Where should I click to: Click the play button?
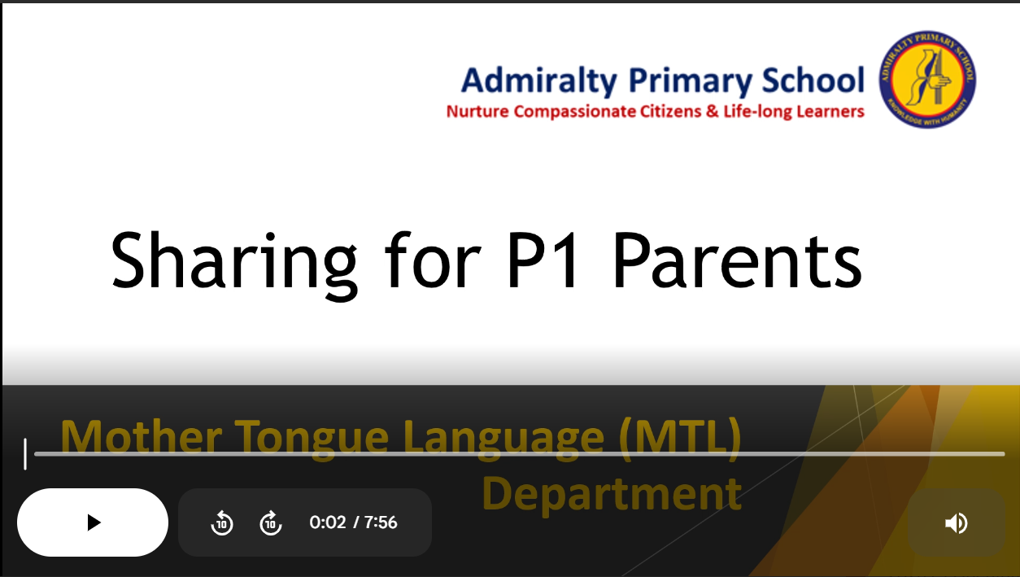pyautogui.click(x=93, y=522)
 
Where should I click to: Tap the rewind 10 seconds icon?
pyautogui.click(x=222, y=522)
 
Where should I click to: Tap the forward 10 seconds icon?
pyautogui.click(x=271, y=522)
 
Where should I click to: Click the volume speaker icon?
pyautogui.click(x=957, y=522)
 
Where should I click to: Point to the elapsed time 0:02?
pyautogui.click(x=328, y=522)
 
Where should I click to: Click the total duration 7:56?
pyautogui.click(x=381, y=522)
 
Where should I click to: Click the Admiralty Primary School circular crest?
pyautogui.click(x=927, y=79)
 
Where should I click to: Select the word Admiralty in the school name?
pyautogui.click(x=539, y=81)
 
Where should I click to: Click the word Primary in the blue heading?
pyautogui.click(x=691, y=81)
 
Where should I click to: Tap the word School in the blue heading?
pyautogui.click(x=813, y=80)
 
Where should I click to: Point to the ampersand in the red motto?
pyautogui.click(x=713, y=111)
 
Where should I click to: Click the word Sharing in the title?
pyautogui.click(x=234, y=264)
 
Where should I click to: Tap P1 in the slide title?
pyautogui.click(x=543, y=260)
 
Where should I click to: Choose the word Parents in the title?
pyautogui.click(x=737, y=260)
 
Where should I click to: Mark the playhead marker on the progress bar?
pyautogui.click(x=25, y=454)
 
